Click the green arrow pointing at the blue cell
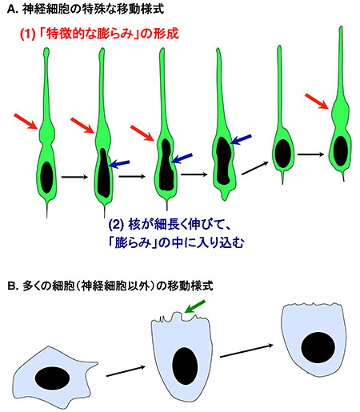coord(194,306)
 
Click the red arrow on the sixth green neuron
coord(317,102)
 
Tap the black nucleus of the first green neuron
coord(46,178)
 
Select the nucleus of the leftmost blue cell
coord(53,378)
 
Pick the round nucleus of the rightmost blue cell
coord(318,347)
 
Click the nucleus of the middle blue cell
coord(185,366)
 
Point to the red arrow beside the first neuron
coord(26,122)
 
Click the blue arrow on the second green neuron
coord(120,164)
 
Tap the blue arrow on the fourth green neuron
coord(241,139)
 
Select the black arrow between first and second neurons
coord(74,177)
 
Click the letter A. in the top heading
coord(12,10)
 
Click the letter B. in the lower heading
coord(13,286)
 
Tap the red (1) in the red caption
coord(27,34)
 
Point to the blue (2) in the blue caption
coord(116,225)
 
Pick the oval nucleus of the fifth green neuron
coord(282,154)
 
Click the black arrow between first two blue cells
coord(126,371)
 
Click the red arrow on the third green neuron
coord(142,133)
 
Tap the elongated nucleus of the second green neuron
coord(103,173)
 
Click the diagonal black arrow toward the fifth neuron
coord(255,168)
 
